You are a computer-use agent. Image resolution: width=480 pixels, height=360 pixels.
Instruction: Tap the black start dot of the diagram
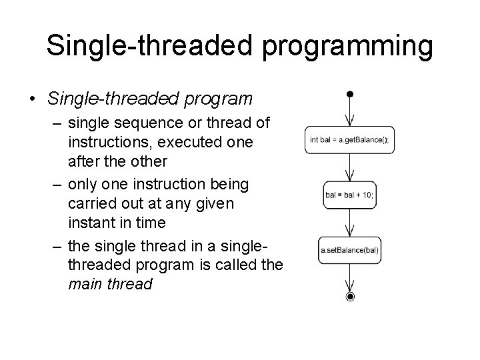pos(350,93)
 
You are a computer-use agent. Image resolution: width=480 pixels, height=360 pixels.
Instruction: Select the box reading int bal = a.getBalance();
pos(349,140)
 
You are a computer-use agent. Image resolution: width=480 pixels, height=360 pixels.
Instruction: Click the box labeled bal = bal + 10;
pos(349,195)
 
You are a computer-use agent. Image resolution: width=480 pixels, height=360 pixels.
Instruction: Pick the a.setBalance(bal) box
pos(349,251)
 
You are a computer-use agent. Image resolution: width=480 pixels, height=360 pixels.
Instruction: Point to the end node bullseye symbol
pos(350,297)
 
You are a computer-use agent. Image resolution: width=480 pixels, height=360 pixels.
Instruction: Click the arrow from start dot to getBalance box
pos(350,111)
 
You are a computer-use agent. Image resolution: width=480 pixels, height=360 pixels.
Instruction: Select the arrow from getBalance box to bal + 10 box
pos(350,167)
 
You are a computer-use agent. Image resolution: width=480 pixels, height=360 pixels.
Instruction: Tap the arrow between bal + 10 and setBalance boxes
pos(350,223)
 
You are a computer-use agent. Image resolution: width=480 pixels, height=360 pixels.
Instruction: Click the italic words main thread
pos(110,283)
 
